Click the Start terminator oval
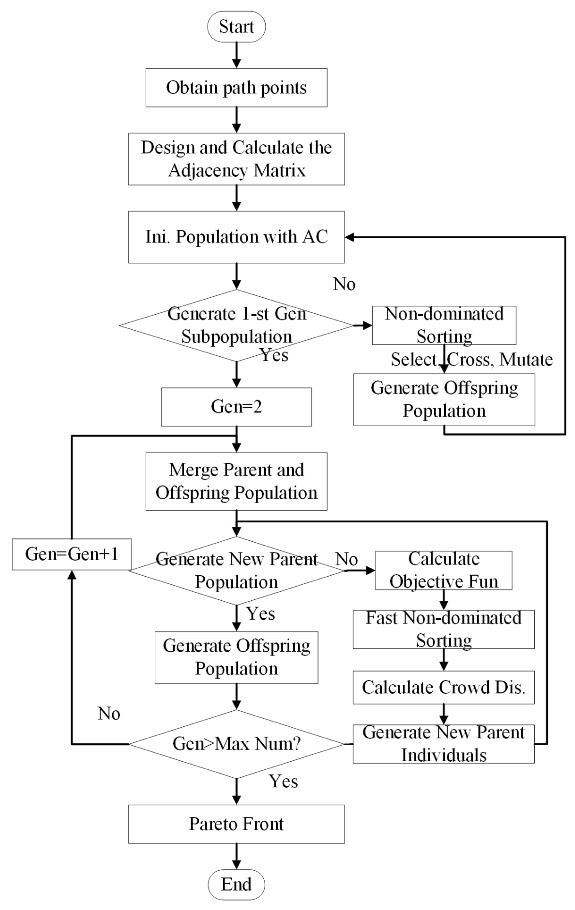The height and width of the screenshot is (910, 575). pyautogui.click(x=236, y=26)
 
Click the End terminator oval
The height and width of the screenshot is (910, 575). pyautogui.click(x=236, y=884)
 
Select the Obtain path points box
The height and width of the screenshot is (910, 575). pyautogui.click(x=236, y=88)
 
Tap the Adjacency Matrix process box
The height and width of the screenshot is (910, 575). pyautogui.click(x=236, y=159)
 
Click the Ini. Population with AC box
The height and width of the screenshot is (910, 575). pyautogui.click(x=236, y=237)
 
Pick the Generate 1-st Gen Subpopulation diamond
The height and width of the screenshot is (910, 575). pyautogui.click(x=236, y=325)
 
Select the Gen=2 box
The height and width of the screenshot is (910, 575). pyautogui.click(x=236, y=407)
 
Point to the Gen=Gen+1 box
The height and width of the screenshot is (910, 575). pyautogui.click(x=72, y=554)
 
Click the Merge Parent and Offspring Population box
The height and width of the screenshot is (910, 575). pyautogui.click(x=236, y=481)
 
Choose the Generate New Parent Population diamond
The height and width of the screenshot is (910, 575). pyautogui.click(x=236, y=571)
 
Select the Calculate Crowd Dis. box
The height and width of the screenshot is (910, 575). pyautogui.click(x=444, y=687)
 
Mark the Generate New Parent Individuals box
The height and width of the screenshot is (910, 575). pyautogui.click(x=444, y=744)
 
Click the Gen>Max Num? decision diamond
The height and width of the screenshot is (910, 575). pyautogui.click(x=236, y=744)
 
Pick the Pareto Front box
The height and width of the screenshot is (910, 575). pyautogui.click(x=236, y=824)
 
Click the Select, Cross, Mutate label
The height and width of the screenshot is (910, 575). pyautogui.click(x=472, y=359)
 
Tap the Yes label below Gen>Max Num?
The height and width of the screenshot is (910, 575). pyautogui.click(x=283, y=781)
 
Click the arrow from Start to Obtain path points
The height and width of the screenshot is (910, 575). pyautogui.click(x=236, y=55)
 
